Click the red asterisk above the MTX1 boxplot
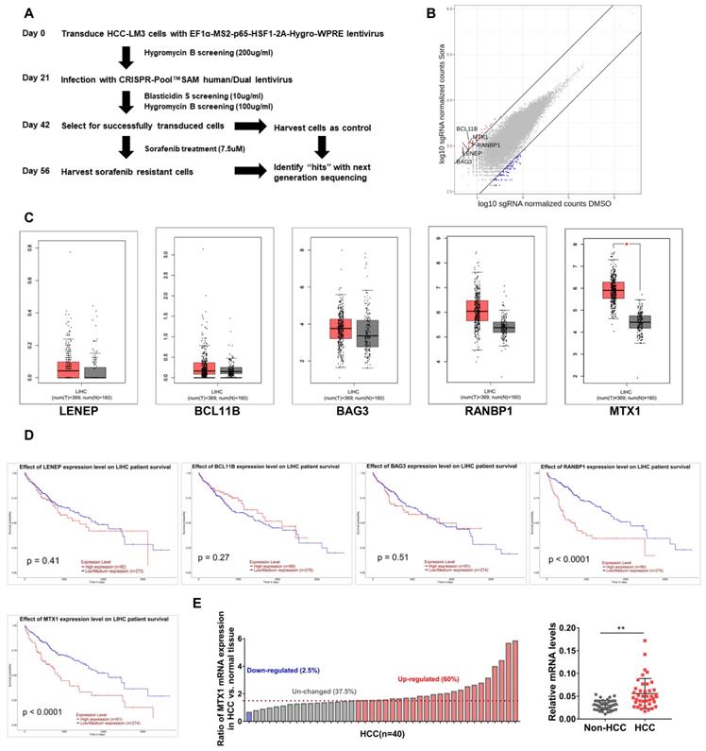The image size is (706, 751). [628, 243]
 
